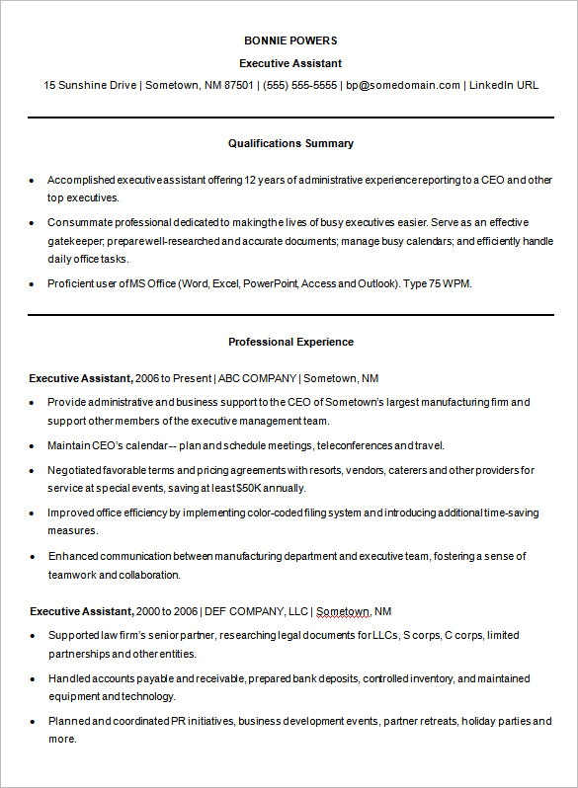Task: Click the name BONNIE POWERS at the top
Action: (x=290, y=40)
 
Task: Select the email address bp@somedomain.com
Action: (x=403, y=85)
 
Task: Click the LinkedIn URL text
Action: (x=504, y=85)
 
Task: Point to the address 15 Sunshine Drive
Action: (x=90, y=85)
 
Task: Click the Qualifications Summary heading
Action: (x=290, y=143)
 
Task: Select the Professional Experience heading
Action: (x=290, y=342)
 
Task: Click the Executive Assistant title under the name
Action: (x=290, y=62)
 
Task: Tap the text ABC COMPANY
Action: (x=257, y=378)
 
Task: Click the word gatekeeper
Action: (x=73, y=241)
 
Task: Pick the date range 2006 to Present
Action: (x=173, y=378)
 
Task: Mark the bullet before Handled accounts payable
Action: (x=33, y=679)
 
